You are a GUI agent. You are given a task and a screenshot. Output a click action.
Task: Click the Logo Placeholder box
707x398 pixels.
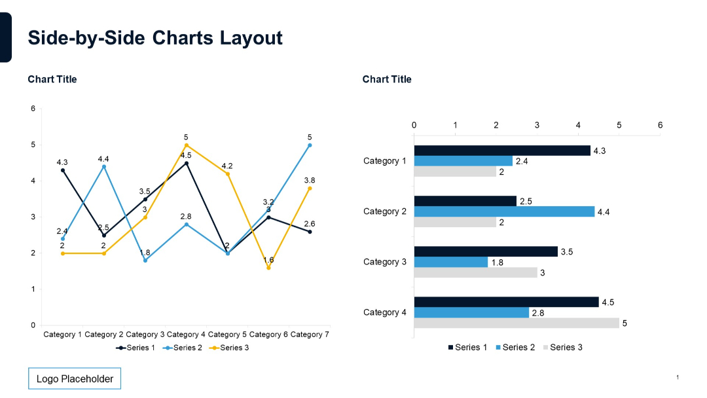click(x=75, y=379)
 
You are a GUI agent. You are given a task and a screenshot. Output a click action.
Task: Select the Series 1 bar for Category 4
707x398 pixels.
click(x=506, y=302)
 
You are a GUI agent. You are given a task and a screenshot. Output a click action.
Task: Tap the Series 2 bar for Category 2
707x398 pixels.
click(x=504, y=211)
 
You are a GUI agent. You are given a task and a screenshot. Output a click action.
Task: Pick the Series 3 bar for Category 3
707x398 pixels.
click(x=475, y=272)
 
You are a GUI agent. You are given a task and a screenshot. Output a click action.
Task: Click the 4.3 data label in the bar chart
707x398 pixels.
click(x=600, y=151)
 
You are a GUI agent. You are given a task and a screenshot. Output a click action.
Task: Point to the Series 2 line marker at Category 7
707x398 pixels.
click(x=310, y=145)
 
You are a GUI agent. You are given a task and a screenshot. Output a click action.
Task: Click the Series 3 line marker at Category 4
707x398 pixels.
click(x=187, y=145)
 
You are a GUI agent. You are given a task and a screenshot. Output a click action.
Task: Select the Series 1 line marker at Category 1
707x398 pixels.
click(x=63, y=170)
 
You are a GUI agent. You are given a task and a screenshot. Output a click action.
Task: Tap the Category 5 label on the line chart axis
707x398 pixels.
click(x=228, y=335)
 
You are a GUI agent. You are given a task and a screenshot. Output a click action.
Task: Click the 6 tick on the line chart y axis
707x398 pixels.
click(x=33, y=109)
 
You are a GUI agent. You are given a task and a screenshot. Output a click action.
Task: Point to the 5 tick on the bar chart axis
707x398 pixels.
click(x=619, y=125)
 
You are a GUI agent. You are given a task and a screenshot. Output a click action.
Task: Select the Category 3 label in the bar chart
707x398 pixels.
click(x=385, y=262)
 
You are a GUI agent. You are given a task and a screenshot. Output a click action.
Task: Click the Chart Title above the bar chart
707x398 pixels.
click(x=387, y=79)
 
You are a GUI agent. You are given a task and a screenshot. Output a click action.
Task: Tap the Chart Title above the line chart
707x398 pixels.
click(x=52, y=79)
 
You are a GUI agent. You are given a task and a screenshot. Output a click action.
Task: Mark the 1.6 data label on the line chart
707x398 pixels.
click(x=268, y=260)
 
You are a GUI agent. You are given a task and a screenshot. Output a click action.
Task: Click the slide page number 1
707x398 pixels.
click(x=678, y=377)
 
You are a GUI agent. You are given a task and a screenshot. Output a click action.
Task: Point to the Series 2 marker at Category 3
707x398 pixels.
click(x=145, y=261)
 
